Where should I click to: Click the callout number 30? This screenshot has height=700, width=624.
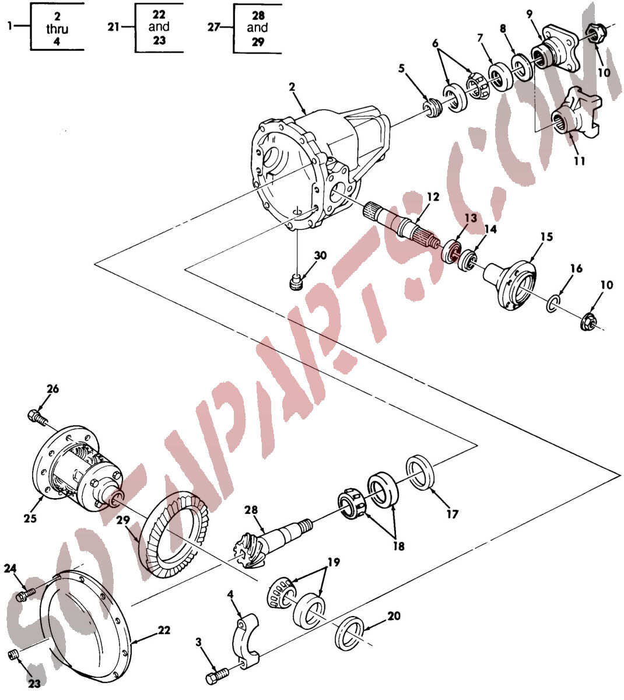pyautogui.click(x=320, y=256)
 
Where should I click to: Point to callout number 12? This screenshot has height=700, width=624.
pyautogui.click(x=433, y=197)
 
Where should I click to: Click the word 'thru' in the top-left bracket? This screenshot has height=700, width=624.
pyautogui.click(x=57, y=29)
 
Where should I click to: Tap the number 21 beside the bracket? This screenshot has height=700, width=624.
pyautogui.click(x=113, y=27)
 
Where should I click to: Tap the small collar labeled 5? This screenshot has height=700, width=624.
pyautogui.click(x=433, y=107)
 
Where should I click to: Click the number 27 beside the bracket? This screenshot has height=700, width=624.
pyautogui.click(x=213, y=27)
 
